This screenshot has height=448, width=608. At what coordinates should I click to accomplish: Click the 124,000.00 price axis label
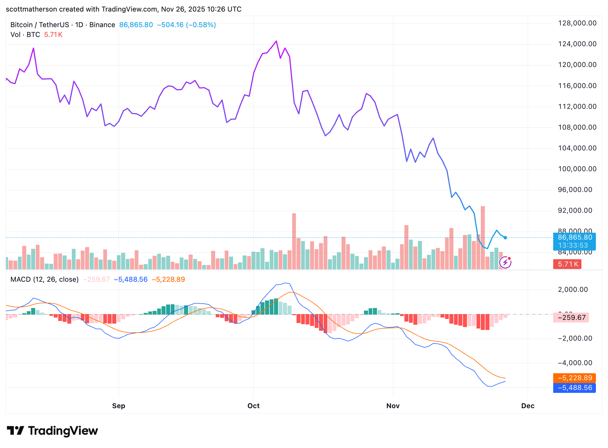pos(577,44)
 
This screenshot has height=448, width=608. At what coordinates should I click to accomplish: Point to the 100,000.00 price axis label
pos(577,169)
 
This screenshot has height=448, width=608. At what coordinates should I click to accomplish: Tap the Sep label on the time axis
pos(119,406)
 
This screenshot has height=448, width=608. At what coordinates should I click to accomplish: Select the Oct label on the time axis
pos(254,406)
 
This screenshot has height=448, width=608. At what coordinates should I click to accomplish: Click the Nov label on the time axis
pos(393,406)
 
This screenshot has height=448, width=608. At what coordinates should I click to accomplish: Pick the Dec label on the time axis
pos(528,406)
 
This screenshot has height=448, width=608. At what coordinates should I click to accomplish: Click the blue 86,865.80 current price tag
pos(575,238)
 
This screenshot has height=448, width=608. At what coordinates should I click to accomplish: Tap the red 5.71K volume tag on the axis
pos(567,264)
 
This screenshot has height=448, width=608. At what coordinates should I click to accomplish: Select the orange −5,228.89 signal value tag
pos(575,378)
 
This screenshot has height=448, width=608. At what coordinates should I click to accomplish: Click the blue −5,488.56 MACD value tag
pos(575,388)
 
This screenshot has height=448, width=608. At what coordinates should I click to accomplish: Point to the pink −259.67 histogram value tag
pos(571,318)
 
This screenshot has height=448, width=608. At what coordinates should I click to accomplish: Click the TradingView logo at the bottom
pos(52,431)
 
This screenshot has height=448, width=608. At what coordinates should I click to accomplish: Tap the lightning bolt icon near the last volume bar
pos(505,262)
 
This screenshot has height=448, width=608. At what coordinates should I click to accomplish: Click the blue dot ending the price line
pos(505,238)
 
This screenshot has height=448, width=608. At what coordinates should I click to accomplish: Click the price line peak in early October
pos(276,41)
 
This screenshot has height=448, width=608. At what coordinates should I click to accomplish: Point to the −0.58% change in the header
pos(201,25)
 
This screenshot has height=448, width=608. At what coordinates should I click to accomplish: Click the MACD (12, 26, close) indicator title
pos(44,279)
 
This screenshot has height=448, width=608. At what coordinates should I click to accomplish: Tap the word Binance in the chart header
pos(102,25)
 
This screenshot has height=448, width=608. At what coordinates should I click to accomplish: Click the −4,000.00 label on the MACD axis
pos(575,363)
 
